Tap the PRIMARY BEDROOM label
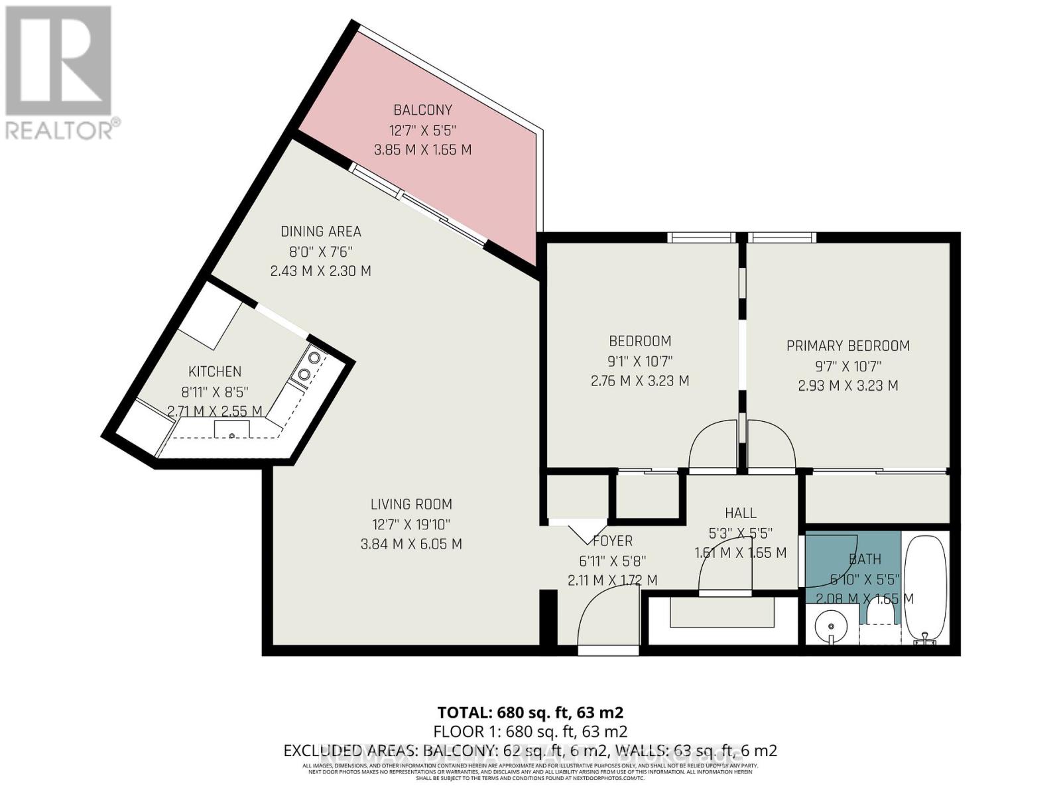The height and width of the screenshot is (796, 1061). [x=847, y=346]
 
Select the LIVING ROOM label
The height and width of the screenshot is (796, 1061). [x=411, y=504]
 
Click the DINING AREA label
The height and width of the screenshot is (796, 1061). [x=320, y=232]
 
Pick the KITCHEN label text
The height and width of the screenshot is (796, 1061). [x=215, y=371]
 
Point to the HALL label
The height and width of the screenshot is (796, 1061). [x=740, y=513]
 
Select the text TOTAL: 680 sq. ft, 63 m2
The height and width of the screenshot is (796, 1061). [x=530, y=712]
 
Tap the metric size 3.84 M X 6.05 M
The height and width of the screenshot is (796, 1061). [x=411, y=544]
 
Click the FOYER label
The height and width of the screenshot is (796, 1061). [x=612, y=541]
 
